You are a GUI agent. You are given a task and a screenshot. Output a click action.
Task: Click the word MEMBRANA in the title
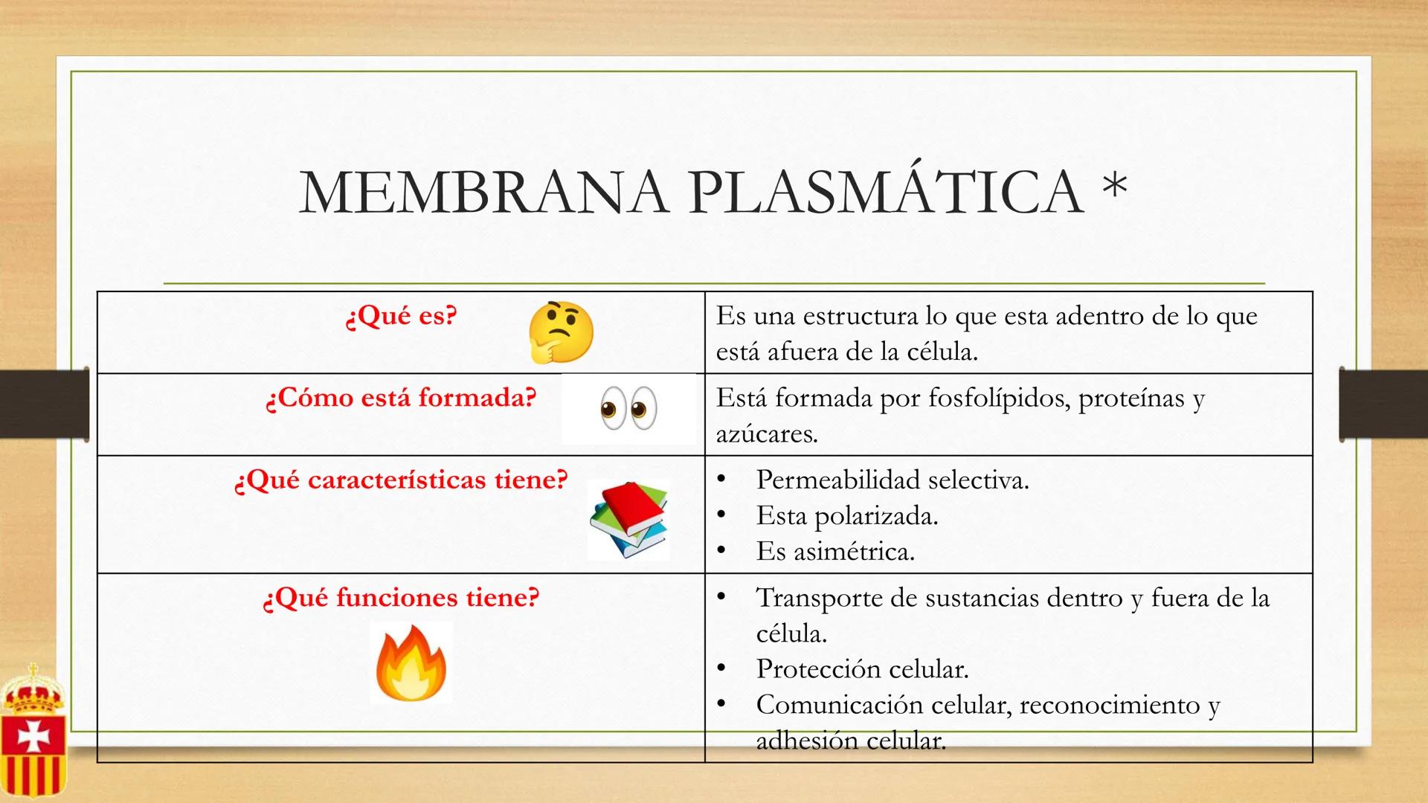tap(483, 193)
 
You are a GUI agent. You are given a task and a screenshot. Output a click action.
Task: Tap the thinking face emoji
tap(561, 332)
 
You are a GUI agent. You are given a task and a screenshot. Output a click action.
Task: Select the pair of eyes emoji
tap(628, 408)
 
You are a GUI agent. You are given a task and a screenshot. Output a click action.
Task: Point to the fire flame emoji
tap(411, 663)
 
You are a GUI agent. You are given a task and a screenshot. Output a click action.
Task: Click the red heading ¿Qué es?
tap(402, 316)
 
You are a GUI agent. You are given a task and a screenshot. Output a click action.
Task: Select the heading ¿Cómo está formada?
tap(402, 398)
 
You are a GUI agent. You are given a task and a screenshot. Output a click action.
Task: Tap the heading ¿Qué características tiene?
tap(402, 480)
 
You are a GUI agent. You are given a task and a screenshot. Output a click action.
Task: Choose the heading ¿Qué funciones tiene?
tap(402, 597)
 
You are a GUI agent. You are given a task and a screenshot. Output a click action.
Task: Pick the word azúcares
tap(766, 433)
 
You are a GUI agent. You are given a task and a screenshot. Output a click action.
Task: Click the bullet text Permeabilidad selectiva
tap(892, 480)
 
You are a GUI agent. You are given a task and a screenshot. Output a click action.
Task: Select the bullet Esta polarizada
tap(846, 515)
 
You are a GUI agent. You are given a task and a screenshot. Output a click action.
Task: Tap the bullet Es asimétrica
tap(835, 551)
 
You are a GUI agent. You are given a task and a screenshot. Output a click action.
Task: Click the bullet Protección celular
tap(862, 668)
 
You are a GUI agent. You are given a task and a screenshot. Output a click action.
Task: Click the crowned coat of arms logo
tap(33, 732)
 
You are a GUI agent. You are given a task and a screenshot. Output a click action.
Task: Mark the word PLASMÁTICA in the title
tap(885, 193)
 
